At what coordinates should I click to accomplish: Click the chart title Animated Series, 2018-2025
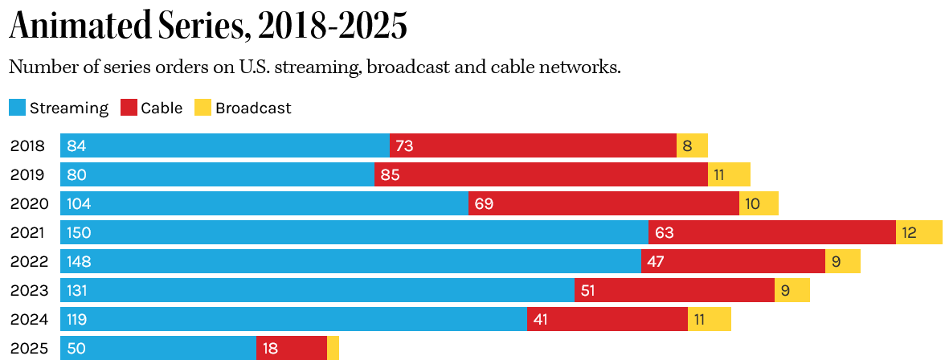click(208, 27)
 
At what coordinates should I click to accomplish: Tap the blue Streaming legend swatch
click(18, 108)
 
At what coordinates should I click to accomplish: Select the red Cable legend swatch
click(129, 108)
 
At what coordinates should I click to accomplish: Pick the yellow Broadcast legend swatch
click(203, 108)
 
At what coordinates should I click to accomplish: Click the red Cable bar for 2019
click(541, 175)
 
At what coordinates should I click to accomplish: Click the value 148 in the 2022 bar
click(80, 262)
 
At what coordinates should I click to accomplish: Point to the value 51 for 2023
click(587, 291)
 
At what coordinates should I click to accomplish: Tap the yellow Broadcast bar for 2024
click(710, 320)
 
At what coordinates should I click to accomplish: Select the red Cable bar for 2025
click(292, 349)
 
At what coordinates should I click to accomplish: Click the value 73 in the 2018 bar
click(404, 146)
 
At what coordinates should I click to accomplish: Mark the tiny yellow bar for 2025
click(333, 349)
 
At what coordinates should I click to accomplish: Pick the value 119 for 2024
click(77, 320)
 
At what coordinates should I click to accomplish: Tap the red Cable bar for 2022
click(733, 262)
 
